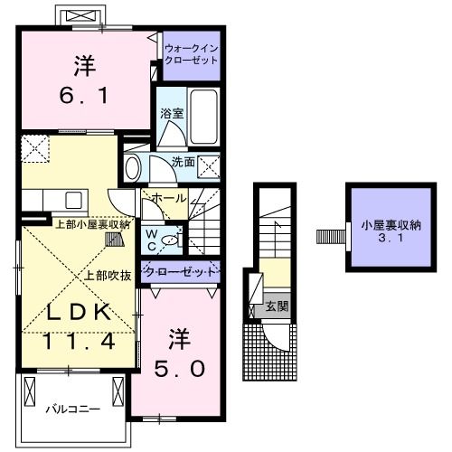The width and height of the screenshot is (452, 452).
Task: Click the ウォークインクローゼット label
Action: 192,53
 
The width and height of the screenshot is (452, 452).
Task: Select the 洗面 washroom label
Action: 184,162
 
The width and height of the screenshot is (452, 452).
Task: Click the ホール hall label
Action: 169,198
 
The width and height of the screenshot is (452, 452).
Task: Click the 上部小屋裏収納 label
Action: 92,223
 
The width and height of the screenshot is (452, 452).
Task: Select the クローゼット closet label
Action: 182,272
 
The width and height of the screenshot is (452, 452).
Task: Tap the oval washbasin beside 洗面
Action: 133,167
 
